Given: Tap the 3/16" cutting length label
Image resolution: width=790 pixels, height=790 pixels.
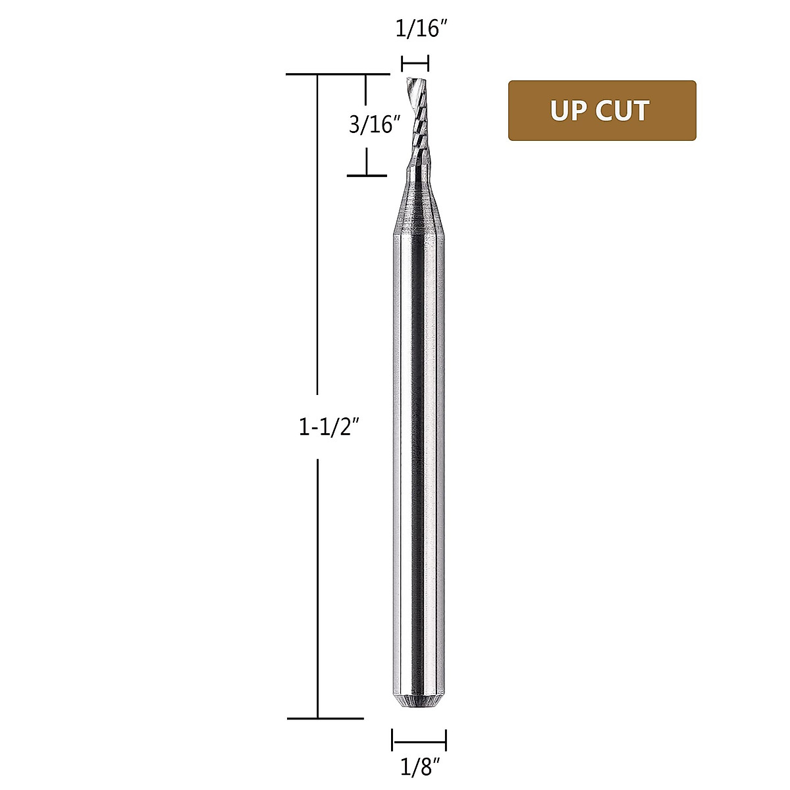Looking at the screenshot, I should [375, 124].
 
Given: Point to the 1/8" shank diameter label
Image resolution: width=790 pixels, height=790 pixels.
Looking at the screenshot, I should [419, 767].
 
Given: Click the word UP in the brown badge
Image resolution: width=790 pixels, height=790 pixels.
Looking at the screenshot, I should [569, 111].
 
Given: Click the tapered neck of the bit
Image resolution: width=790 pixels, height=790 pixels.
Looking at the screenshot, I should [419, 204].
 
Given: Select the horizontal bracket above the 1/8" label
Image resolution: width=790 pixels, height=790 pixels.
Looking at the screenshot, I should [419, 739].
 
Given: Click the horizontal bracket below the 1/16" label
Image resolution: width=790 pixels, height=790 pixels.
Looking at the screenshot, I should [415, 64].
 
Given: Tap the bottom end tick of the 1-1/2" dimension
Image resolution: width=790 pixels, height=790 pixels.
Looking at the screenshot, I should [325, 718].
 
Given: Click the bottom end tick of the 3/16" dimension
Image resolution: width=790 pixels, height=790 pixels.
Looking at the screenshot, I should [367, 176].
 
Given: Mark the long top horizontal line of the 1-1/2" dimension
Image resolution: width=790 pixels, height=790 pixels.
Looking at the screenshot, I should [339, 74].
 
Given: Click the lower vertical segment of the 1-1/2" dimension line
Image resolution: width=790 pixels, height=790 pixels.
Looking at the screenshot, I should [318, 586].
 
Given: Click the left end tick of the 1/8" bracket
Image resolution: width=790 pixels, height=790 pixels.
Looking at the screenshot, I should [392, 739].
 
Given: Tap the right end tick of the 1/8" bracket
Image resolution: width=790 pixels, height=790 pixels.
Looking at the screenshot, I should [446, 739].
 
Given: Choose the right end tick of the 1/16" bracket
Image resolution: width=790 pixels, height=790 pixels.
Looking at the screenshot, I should [428, 64].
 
